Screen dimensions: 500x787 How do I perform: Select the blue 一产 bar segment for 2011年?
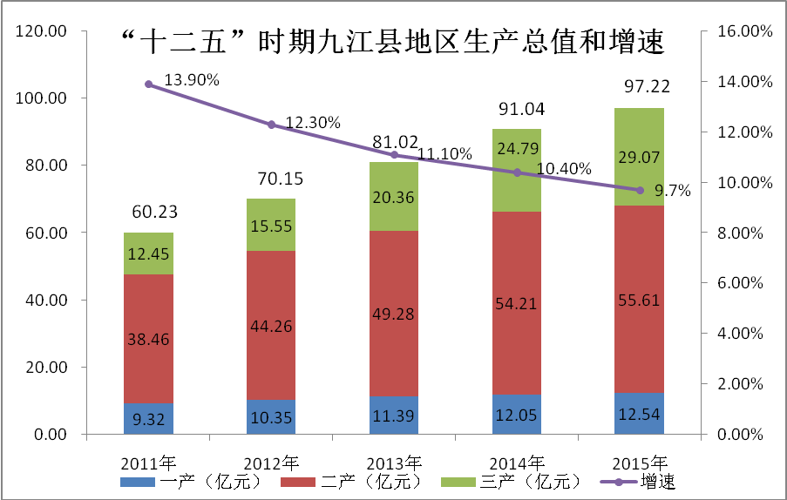(148, 419)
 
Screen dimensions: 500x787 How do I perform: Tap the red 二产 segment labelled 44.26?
(271, 326)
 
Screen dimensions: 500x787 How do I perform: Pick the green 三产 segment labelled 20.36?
(394, 197)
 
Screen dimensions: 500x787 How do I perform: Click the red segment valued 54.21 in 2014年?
(517, 305)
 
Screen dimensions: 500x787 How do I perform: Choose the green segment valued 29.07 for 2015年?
(640, 158)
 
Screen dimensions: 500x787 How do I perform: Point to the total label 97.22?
(640, 88)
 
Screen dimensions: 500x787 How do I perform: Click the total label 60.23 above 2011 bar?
(148, 213)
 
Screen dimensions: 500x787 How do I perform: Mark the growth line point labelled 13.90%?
(148, 84)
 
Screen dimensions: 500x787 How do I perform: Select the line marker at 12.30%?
(271, 125)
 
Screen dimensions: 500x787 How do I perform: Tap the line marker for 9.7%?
(640, 190)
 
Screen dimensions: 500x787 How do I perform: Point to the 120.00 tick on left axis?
(44, 31)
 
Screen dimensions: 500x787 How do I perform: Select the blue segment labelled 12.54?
(640, 415)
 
